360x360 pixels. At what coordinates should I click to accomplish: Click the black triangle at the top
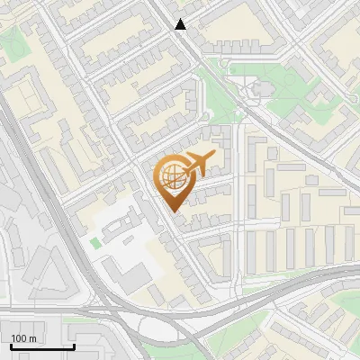click(x=181, y=24)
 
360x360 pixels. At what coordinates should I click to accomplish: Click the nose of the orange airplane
click(x=214, y=157)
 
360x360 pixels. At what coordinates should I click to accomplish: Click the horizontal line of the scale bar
click(x=41, y=346)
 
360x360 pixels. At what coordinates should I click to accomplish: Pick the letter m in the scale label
click(x=32, y=338)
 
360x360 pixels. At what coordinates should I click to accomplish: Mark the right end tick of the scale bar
click(x=74, y=345)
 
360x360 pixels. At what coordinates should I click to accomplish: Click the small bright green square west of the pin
click(x=95, y=243)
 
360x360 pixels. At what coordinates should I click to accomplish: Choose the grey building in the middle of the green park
click(x=260, y=89)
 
